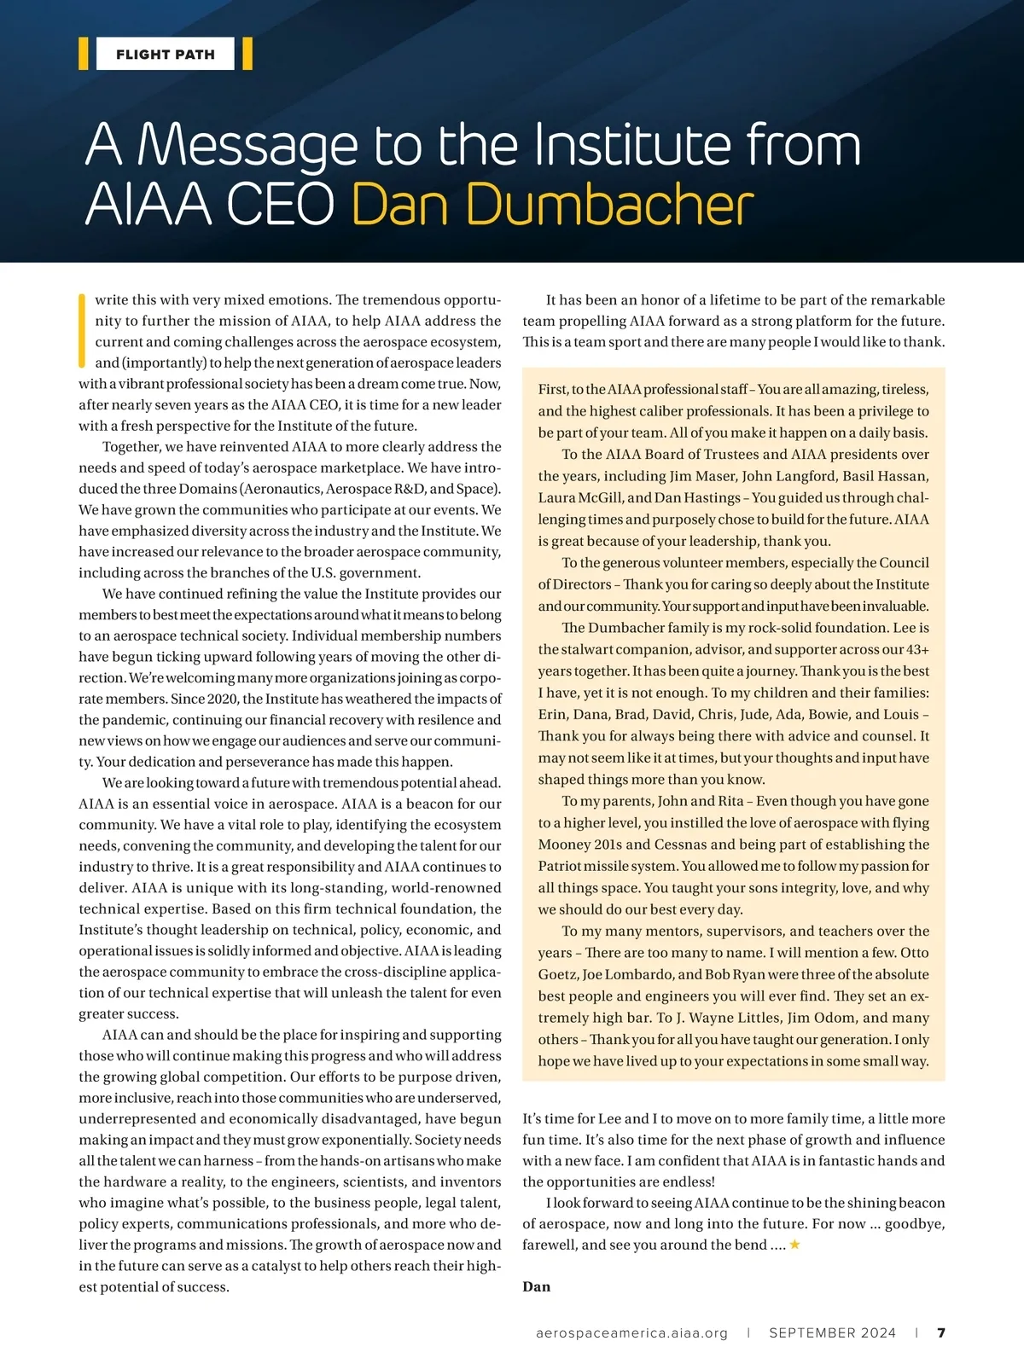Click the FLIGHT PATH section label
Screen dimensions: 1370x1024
click(166, 55)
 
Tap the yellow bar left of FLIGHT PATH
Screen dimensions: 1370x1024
click(84, 54)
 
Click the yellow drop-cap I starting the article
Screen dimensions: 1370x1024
click(83, 330)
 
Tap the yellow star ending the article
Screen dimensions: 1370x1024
click(794, 1245)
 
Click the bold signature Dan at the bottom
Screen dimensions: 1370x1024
click(536, 1286)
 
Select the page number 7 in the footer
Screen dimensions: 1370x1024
click(941, 1332)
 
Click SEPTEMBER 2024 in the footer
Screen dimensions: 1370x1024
click(832, 1332)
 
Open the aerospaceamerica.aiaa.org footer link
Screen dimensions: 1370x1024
click(631, 1332)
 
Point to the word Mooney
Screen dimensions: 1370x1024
click(565, 845)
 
